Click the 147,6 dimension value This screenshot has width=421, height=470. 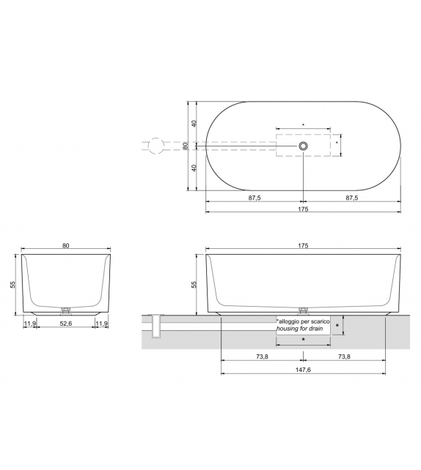click(303, 370)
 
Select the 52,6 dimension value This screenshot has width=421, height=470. click(66, 324)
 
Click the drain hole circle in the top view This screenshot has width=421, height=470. click(303, 146)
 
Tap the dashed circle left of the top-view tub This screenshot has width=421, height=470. click(155, 146)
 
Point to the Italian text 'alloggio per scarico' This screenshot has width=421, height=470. click(303, 321)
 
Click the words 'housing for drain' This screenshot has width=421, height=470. click(301, 329)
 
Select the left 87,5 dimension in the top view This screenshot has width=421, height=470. click(254, 198)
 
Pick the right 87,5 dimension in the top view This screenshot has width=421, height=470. click(352, 198)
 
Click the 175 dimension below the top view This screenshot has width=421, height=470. click(303, 209)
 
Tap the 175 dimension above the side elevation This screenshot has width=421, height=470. click(303, 247)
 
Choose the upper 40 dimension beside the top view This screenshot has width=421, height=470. click(194, 124)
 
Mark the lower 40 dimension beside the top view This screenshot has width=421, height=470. click(194, 168)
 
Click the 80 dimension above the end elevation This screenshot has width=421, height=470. click(66, 247)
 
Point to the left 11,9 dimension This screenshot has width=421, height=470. click(31, 324)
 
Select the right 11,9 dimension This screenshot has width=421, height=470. click(101, 324)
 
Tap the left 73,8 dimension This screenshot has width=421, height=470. click(261, 357)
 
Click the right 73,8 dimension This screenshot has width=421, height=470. click(344, 357)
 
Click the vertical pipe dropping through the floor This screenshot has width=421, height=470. click(155, 328)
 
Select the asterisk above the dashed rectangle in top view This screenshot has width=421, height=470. click(303, 125)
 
